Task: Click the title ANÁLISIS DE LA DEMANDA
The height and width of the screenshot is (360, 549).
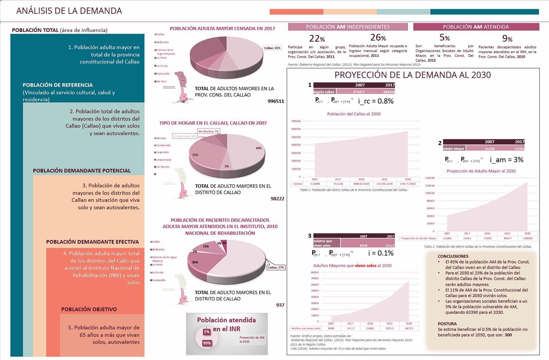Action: [69, 11]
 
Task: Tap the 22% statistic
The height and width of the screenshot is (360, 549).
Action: [317, 39]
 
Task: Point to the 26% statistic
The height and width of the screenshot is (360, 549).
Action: [378, 37]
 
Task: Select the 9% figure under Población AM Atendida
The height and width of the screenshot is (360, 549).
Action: [507, 39]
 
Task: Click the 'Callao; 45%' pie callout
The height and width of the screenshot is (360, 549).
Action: [272, 48]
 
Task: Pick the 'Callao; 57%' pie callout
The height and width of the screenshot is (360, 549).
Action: [276, 267]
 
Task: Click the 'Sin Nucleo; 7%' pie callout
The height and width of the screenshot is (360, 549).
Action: [209, 131]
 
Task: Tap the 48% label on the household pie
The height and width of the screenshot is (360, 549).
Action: [259, 148]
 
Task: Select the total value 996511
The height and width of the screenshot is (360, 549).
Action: [276, 101]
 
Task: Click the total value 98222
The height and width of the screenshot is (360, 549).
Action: [277, 199]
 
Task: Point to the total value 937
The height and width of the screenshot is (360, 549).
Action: [280, 305]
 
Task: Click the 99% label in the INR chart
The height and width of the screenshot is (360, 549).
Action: [207, 343]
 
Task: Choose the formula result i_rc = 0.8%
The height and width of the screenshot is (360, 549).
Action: [376, 101]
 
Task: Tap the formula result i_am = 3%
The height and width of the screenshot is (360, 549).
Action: [506, 160]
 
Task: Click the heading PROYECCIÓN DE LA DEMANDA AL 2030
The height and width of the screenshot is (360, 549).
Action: [412, 75]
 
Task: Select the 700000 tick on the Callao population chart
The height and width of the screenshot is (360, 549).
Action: [296, 121]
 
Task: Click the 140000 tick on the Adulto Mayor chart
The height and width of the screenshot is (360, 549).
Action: [430, 178]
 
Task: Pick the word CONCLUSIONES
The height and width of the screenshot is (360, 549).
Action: [453, 256]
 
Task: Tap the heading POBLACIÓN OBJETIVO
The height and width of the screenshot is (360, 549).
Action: [89, 309]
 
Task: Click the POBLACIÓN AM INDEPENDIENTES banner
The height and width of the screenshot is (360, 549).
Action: [347, 27]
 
